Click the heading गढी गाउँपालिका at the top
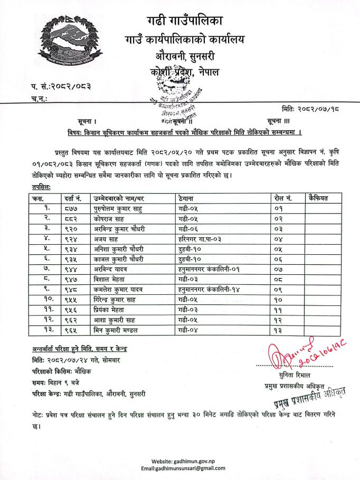coord(185,21)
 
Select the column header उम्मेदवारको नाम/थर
coord(119,198)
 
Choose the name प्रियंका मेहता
coord(112,310)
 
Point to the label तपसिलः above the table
coord(37,187)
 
